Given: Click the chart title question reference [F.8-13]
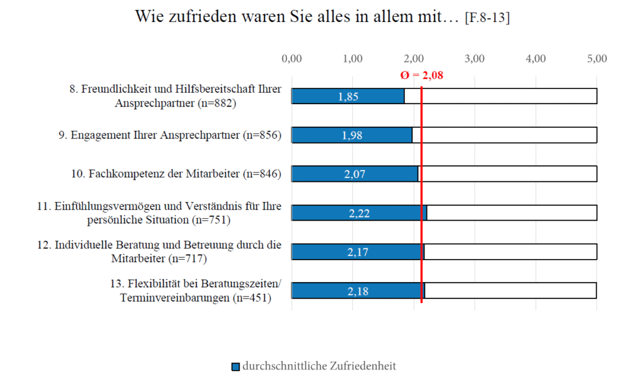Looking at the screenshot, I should pyautogui.click(x=487, y=19).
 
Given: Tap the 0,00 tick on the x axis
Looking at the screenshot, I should pyautogui.click(x=292, y=59).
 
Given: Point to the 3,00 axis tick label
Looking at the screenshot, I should pyautogui.click(x=475, y=59).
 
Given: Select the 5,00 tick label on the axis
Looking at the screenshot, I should pyautogui.click(x=596, y=59).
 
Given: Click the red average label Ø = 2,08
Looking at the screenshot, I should pyautogui.click(x=421, y=75).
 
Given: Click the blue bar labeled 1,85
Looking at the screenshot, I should pyautogui.click(x=348, y=96).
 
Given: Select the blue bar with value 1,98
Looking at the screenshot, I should pyautogui.click(x=352, y=135).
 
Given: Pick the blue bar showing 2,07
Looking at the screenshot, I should pyautogui.click(x=355, y=174).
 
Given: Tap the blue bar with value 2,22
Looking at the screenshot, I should pyautogui.click(x=359, y=213).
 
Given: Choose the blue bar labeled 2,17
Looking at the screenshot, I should pyautogui.click(x=358, y=251).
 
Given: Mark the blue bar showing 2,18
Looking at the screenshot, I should pyautogui.click(x=358, y=291).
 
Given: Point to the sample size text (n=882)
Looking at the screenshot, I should pyautogui.click(x=216, y=103).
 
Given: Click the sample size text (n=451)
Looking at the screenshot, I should pyautogui.click(x=251, y=298).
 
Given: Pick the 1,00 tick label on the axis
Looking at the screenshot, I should pyautogui.click(x=353, y=59).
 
